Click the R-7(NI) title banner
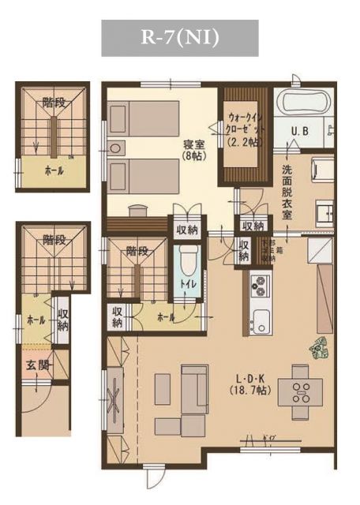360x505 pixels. click(x=180, y=37)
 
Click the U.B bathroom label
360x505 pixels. click(x=302, y=131)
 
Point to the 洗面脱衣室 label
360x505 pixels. click(x=288, y=193)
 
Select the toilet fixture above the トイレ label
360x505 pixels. click(x=189, y=261)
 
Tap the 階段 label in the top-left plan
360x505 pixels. click(x=54, y=102)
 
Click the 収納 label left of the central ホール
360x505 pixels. click(x=118, y=317)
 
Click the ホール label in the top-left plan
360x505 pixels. click(x=54, y=170)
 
